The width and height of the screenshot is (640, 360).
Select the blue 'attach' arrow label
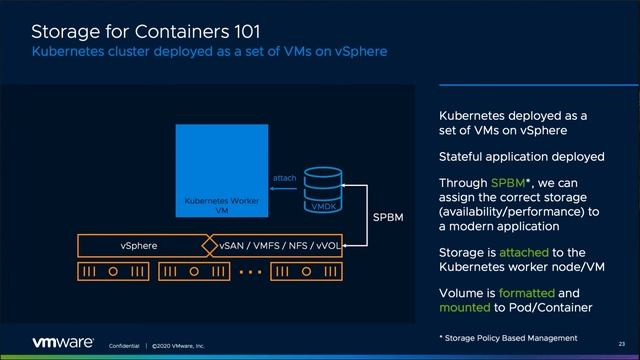[x=284, y=178]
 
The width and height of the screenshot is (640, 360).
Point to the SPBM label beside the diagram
[x=387, y=216]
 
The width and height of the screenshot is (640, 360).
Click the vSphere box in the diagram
[x=139, y=245]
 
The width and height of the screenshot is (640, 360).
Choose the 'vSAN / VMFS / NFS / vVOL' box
[x=275, y=245]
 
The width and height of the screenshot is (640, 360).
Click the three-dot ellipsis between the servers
[x=251, y=272]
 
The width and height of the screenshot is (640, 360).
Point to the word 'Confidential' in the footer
[x=125, y=346]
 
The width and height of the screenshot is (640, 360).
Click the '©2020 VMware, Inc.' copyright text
[x=179, y=346]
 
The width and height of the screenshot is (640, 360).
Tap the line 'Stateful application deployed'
[x=521, y=157]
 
